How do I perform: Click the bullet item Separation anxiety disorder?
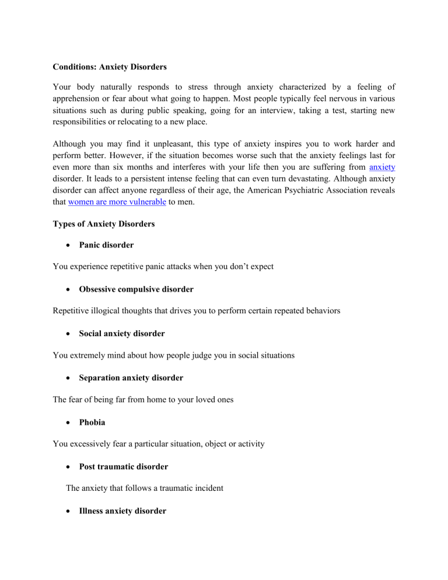coord(131,378)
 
